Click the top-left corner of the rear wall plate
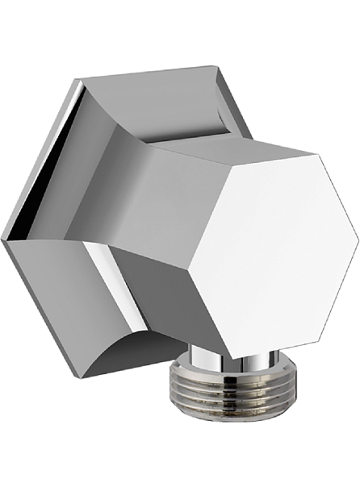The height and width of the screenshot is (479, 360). coord(77,81)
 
